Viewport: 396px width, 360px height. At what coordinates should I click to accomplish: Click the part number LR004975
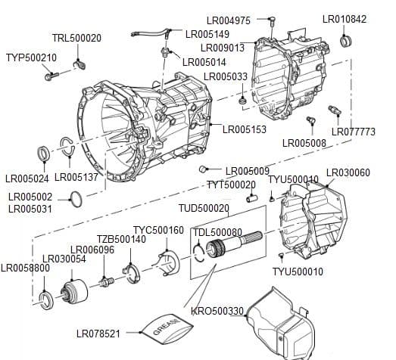click(229, 20)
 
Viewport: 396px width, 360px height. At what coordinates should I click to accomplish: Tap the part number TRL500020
click(76, 37)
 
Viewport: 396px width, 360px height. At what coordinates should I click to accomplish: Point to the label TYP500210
click(31, 57)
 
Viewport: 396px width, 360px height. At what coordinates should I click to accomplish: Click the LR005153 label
click(245, 129)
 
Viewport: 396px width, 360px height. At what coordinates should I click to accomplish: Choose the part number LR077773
click(353, 132)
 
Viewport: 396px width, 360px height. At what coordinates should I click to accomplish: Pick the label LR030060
click(348, 173)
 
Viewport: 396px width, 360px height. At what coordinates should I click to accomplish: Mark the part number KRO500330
click(217, 311)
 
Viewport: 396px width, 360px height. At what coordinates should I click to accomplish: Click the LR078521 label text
click(98, 333)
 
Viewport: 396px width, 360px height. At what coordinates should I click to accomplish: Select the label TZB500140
click(121, 239)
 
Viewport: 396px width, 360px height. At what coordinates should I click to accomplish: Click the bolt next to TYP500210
click(51, 75)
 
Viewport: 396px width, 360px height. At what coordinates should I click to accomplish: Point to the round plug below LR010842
click(345, 40)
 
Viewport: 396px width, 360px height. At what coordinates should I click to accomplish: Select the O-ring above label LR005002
click(76, 199)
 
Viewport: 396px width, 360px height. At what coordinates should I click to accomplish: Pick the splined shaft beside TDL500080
click(235, 246)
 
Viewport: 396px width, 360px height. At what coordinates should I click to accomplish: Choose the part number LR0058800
click(25, 268)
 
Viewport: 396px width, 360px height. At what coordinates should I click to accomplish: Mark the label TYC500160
click(158, 230)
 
